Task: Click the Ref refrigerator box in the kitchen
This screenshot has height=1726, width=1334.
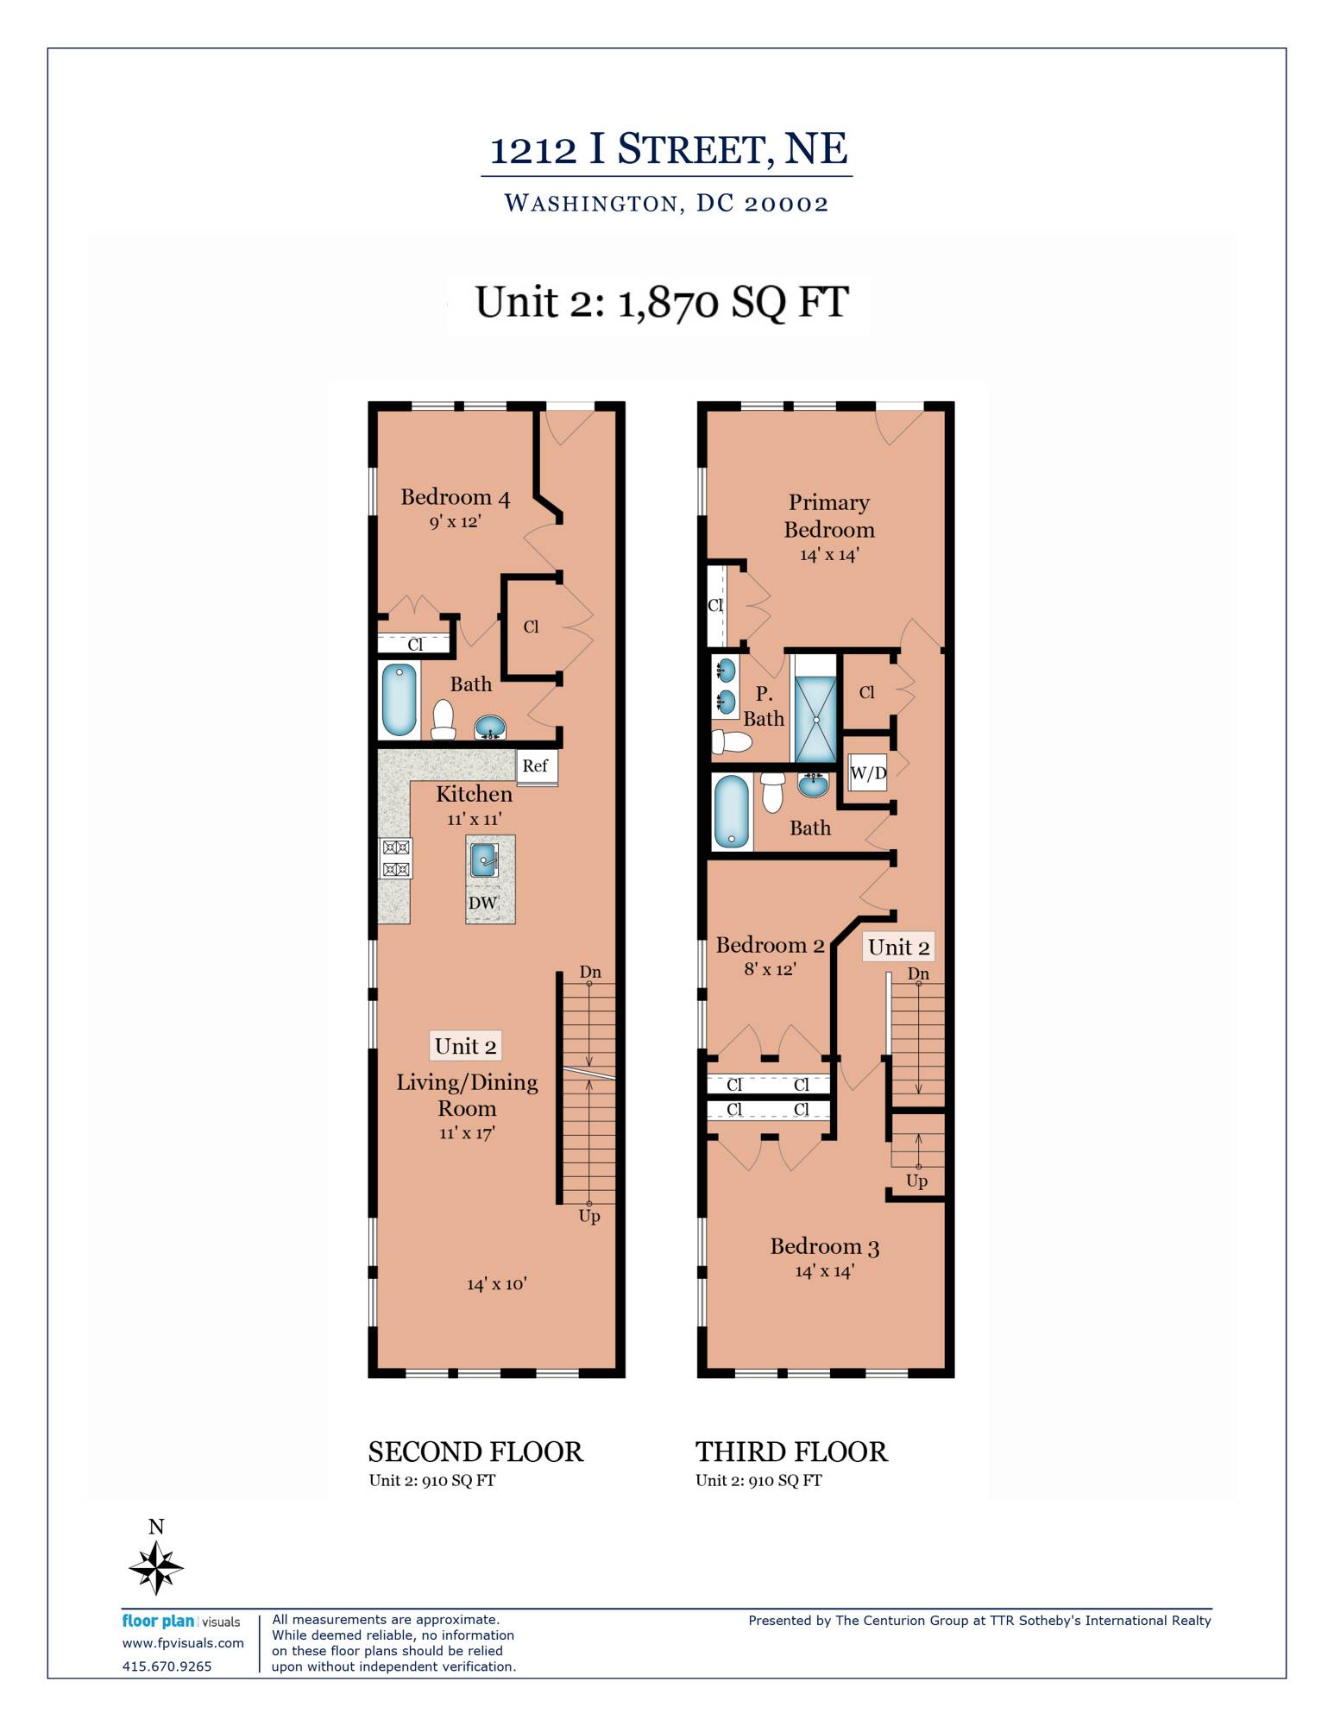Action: [x=536, y=766]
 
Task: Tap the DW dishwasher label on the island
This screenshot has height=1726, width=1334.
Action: [x=482, y=903]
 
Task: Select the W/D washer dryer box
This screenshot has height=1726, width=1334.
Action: [x=868, y=772]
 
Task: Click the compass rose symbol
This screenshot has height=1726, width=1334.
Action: [x=156, y=1567]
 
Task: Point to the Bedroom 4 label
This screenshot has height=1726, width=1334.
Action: [x=455, y=497]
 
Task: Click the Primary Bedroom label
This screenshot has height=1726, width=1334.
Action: [x=829, y=516]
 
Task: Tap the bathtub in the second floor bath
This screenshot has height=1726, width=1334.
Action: [x=399, y=700]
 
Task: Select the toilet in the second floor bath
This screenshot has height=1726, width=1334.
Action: [x=444, y=720]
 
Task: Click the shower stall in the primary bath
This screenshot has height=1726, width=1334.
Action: [x=815, y=719]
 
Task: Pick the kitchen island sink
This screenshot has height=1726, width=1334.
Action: [x=484, y=860]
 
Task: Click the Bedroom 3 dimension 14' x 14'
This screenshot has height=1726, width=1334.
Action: [x=824, y=1271]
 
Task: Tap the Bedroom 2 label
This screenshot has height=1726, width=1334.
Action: [x=770, y=945]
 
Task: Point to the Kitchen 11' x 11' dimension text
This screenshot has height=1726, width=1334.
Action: [x=474, y=819]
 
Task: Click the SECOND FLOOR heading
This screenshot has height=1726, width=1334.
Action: [x=475, y=1452]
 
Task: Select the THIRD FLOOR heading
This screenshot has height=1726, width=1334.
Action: [x=791, y=1452]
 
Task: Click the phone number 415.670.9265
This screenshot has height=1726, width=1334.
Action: [x=167, y=1666]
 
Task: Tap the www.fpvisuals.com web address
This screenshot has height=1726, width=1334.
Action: [x=183, y=1643]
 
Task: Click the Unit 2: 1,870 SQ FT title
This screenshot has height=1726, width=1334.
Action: [x=662, y=302]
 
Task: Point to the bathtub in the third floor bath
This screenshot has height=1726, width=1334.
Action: [x=731, y=811]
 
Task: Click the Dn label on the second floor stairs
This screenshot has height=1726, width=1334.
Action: [x=590, y=972]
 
